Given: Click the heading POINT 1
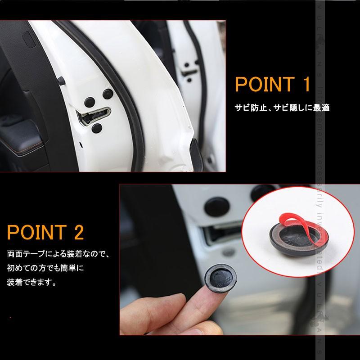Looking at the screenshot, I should [273, 85].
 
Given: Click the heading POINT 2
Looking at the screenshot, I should [45, 233].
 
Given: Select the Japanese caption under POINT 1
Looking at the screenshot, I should [282, 108].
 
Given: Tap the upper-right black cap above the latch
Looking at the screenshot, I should [108, 94].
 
